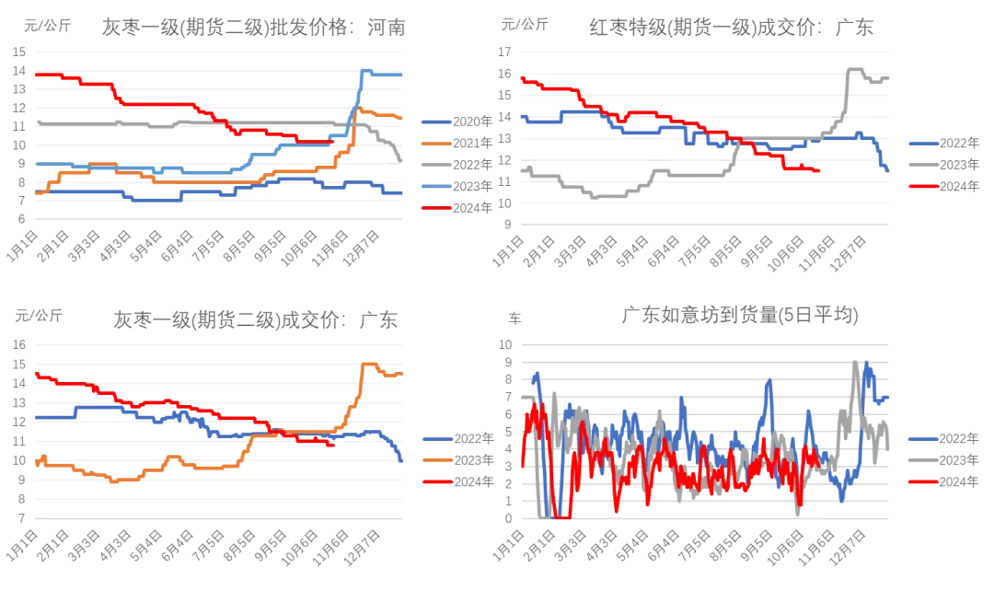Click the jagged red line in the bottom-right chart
tap(644, 469)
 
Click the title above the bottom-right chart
tap(736, 316)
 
